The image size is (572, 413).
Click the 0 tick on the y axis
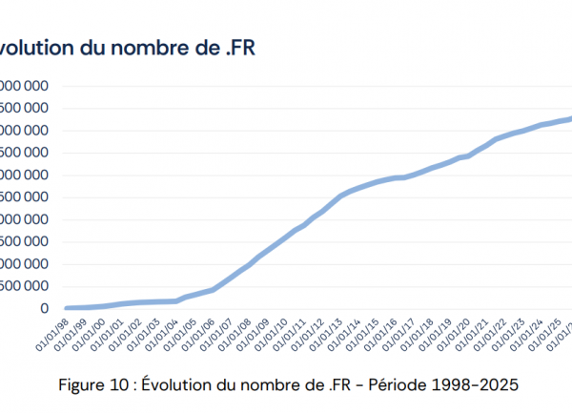coord(43,308)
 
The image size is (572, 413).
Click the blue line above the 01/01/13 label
coord(341,195)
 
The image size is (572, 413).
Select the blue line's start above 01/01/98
coord(65,308)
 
